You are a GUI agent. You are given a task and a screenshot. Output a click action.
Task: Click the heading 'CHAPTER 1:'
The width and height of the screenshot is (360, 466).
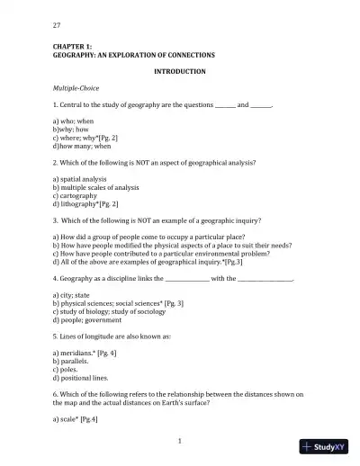tap(72, 46)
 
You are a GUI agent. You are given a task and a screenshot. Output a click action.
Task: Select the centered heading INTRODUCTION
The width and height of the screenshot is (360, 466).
tap(180, 71)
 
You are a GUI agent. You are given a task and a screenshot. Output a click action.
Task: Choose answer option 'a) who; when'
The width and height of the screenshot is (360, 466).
tap(72, 121)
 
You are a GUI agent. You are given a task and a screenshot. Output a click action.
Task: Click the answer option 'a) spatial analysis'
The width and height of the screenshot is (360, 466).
tap(79, 179)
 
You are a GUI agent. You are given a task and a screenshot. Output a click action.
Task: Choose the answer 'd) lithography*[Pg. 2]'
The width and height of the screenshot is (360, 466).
tap(85, 203)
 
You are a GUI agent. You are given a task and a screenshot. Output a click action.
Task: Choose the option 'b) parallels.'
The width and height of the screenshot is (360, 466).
tap(71, 361)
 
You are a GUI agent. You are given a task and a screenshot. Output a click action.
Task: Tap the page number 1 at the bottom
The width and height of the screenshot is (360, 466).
tap(180, 441)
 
